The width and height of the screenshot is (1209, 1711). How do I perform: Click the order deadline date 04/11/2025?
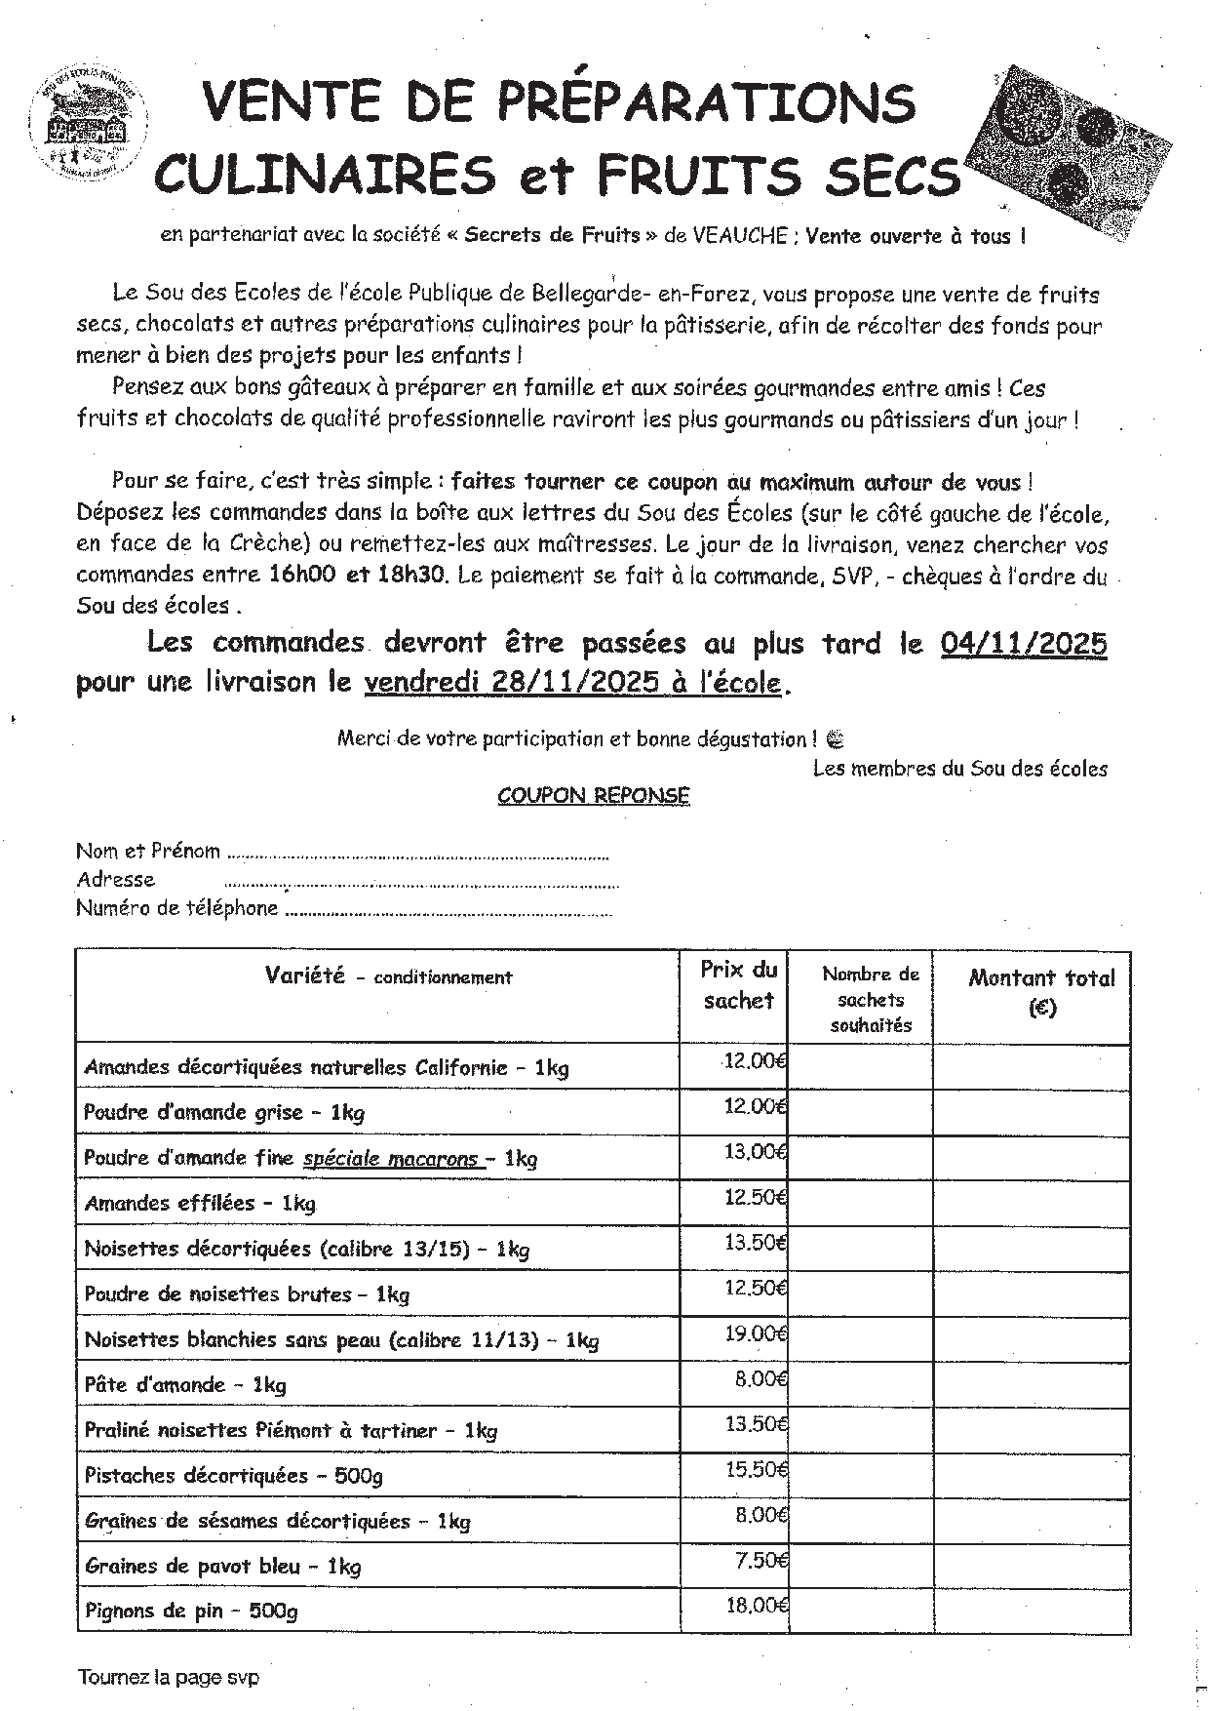click(1024, 644)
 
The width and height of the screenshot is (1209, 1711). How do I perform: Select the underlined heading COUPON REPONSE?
click(593, 796)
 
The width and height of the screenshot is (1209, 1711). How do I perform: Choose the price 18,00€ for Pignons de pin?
click(757, 1605)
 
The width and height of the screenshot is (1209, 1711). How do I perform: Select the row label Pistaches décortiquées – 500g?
click(233, 1475)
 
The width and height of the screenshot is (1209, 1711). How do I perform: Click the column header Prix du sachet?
click(738, 985)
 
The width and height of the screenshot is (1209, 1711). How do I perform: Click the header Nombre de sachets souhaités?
click(871, 999)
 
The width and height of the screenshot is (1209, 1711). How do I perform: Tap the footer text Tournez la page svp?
click(169, 1678)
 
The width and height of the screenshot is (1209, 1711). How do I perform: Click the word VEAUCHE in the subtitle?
click(740, 236)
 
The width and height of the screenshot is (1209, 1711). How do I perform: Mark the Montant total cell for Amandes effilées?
click(1032, 1203)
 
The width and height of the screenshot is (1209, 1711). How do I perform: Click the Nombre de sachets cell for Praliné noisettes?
click(860, 1430)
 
